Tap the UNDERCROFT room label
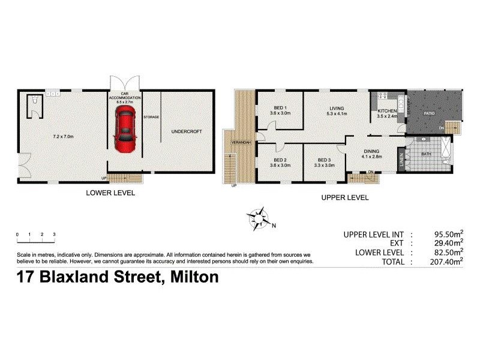tap(184, 131)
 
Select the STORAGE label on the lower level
tap(152, 117)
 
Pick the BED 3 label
tap(324, 160)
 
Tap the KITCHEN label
tap(387, 112)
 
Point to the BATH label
tap(426, 154)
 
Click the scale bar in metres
tap(36, 241)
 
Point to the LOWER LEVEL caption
tap(110, 193)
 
